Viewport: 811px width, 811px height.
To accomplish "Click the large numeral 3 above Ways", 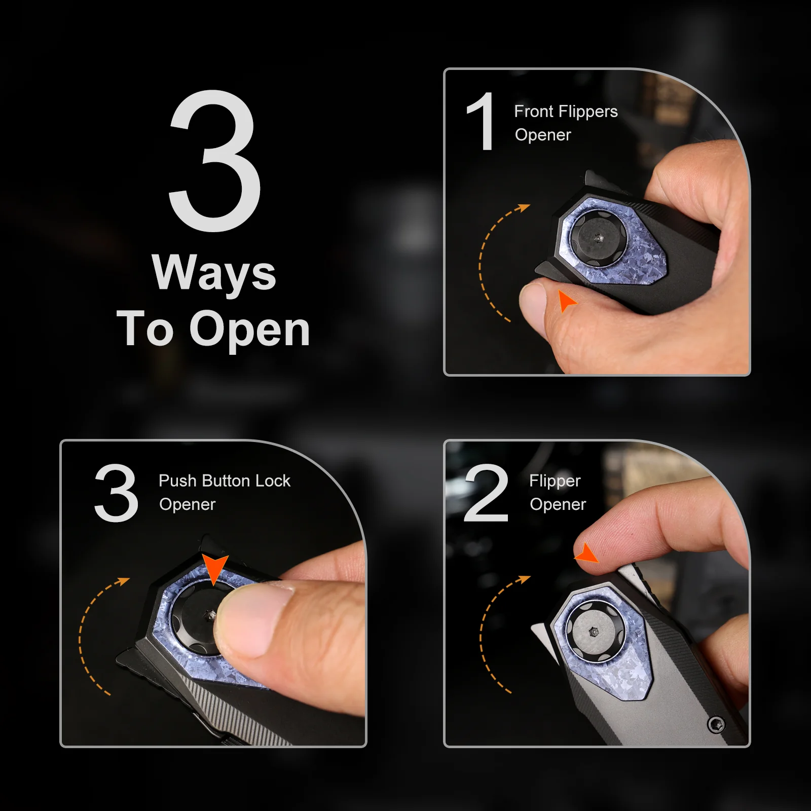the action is click(214, 161).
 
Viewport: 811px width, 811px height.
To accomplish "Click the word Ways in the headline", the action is click(214, 274).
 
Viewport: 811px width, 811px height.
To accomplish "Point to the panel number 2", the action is click(486, 493).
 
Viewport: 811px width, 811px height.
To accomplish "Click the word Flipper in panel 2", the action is click(555, 481).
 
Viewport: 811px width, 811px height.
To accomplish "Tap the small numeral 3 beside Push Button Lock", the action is click(116, 493).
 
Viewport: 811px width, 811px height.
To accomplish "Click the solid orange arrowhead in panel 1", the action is click(566, 301).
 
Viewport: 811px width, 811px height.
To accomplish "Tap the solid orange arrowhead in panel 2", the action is click(587, 553).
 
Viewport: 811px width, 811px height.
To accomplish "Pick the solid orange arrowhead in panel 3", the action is click(215, 568).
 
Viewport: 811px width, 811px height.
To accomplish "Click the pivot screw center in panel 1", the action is click(599, 237).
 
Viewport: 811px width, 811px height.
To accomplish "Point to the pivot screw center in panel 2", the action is click(594, 632).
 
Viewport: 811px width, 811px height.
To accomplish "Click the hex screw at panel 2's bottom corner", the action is click(716, 725).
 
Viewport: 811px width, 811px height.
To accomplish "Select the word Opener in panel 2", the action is click(558, 505).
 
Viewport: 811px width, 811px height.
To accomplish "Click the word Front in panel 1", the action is click(534, 111).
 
